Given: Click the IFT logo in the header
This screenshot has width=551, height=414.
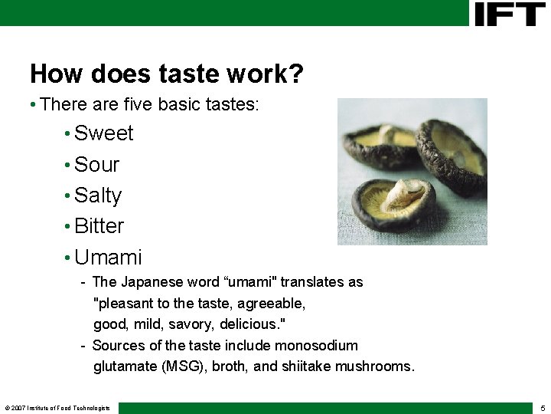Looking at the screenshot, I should (x=509, y=13).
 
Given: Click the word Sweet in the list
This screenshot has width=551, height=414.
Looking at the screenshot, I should (x=104, y=133).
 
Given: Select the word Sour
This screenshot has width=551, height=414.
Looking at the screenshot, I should (x=97, y=165).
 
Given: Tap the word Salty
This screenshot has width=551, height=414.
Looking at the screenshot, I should (x=98, y=195).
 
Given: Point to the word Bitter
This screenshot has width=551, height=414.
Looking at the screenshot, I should (x=99, y=226).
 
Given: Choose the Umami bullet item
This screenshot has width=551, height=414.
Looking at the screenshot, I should (x=108, y=258).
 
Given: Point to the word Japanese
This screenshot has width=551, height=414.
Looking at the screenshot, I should (x=149, y=282).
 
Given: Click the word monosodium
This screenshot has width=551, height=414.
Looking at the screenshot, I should (x=316, y=346).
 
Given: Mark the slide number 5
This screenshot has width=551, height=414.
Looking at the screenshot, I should (x=542, y=408).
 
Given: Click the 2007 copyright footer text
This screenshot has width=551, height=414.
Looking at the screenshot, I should (x=57, y=408).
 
